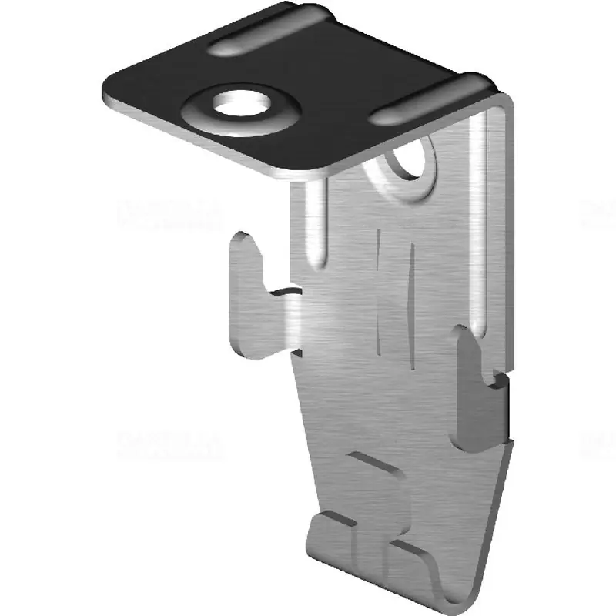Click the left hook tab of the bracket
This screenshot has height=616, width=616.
click(x=254, y=300)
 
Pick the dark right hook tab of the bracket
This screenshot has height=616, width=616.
click(x=477, y=393)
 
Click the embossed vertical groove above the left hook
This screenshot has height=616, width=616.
click(x=314, y=223)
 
